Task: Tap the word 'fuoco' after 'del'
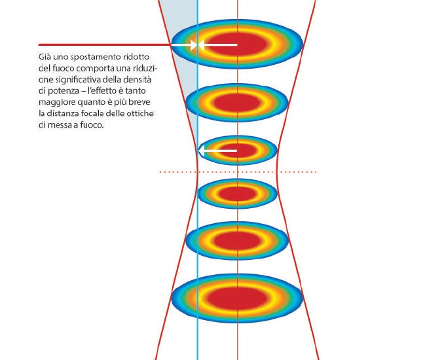point(63,69)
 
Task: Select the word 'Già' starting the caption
point(45,57)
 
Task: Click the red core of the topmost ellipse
point(238,44)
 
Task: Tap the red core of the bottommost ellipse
point(238,298)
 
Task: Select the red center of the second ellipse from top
point(237,103)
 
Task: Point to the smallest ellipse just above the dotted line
point(237,151)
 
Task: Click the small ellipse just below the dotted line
point(237,194)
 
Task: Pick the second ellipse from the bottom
point(237,241)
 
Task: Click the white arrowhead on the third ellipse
point(201,151)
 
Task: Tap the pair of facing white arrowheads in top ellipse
point(197,45)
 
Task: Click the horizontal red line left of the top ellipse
point(105,45)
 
